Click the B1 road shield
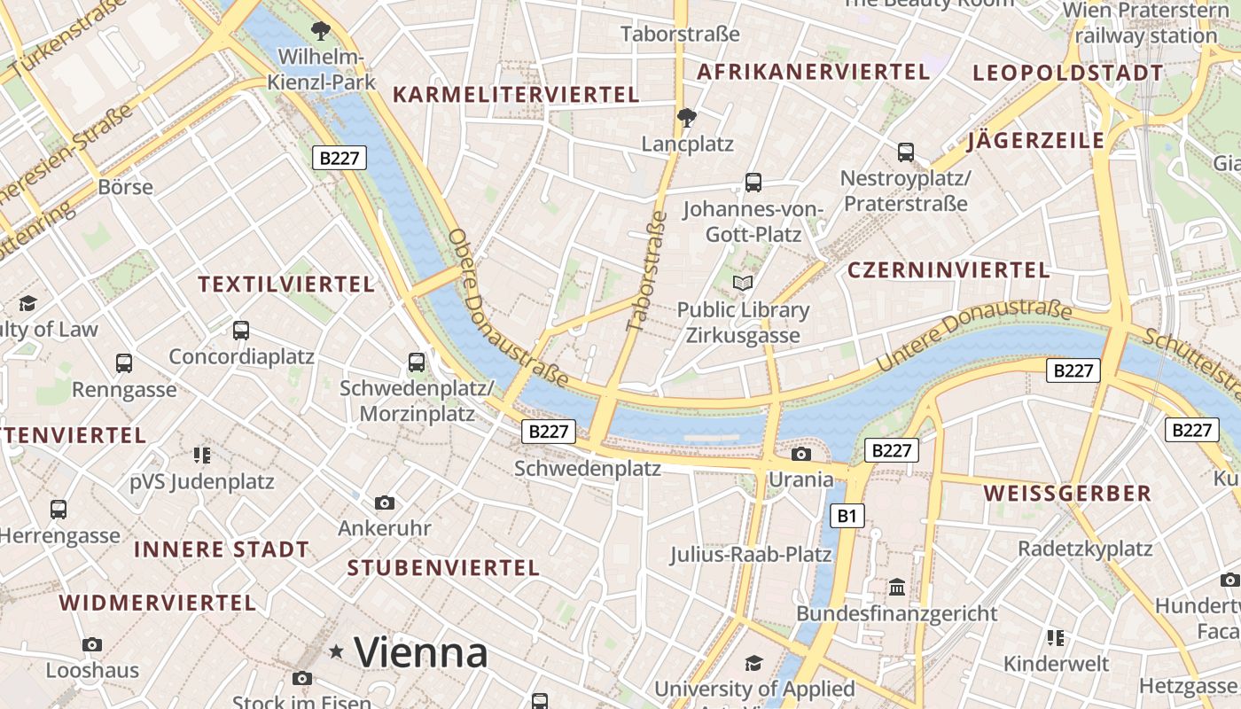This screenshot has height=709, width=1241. pos(848,515)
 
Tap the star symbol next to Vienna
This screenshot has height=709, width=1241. pos(336,652)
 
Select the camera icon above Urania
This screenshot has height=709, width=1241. pos(801,454)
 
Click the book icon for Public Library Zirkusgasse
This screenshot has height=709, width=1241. pos(743,284)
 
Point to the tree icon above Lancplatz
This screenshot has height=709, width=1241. pos(686,116)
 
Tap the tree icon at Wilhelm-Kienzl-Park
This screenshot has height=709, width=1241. pos(321,31)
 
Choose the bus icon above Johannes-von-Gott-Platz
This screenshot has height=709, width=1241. pos(753,183)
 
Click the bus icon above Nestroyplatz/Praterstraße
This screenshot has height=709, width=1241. pos(905,152)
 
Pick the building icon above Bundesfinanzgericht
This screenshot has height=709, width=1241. pos(896,587)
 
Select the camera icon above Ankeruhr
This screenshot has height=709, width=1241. pos(384,503)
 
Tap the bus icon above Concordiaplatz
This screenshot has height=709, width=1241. pos(240,331)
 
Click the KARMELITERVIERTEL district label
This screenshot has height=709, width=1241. pos(515,95)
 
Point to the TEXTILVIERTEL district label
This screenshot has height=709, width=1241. pos(286,284)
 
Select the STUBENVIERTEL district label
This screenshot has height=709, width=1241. pos(443,568)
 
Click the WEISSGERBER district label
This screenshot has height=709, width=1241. pos(1067,494)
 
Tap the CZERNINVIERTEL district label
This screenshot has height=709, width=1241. pos(948,270)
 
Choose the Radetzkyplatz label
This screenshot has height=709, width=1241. pos(1084,549)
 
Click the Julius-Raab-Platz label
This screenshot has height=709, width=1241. pos(750,555)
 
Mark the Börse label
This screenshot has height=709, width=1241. pos(126,187)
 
